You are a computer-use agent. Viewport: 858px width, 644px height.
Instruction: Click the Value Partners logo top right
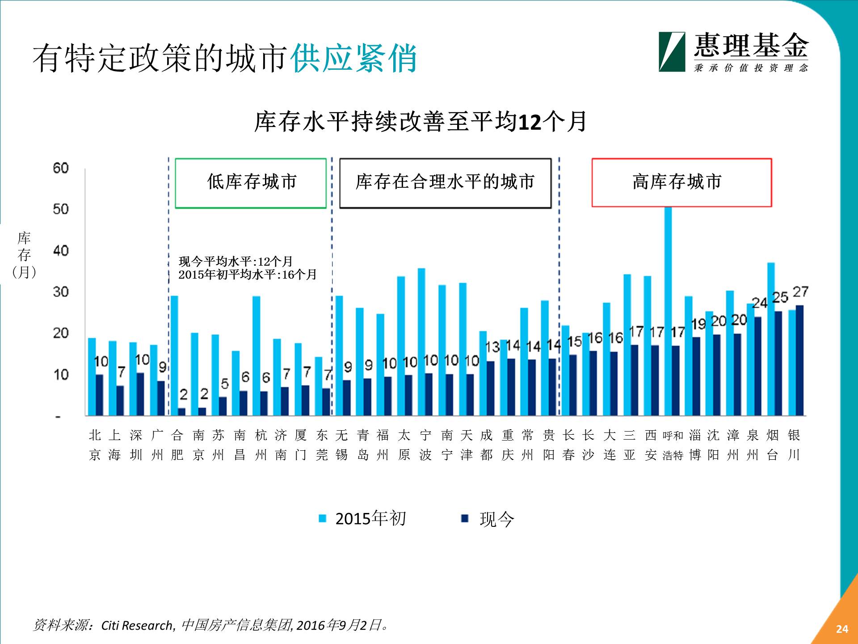[733, 52]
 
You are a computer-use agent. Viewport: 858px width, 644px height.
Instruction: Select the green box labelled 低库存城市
[251, 183]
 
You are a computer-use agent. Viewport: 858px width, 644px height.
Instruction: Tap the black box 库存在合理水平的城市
[445, 183]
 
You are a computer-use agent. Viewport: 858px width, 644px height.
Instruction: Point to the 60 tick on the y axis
[61, 168]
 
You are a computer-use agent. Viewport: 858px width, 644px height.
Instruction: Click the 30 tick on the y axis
[61, 292]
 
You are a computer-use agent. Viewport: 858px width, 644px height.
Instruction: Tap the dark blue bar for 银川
[799, 360]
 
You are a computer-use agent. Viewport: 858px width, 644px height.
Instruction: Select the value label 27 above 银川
[800, 292]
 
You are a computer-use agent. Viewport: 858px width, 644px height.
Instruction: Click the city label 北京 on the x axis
[95, 445]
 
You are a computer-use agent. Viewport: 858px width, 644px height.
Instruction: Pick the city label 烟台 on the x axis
[773, 445]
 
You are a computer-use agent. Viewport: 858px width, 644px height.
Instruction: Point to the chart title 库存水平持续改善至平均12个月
[420, 122]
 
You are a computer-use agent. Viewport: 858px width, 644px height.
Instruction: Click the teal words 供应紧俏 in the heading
[353, 59]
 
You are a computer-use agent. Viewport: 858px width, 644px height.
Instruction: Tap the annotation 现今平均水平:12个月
[236, 261]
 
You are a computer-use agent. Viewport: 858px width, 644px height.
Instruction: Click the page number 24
[842, 629]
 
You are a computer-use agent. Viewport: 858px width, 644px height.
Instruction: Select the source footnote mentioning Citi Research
[210, 625]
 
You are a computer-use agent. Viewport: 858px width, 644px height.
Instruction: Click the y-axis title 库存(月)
[24, 255]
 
